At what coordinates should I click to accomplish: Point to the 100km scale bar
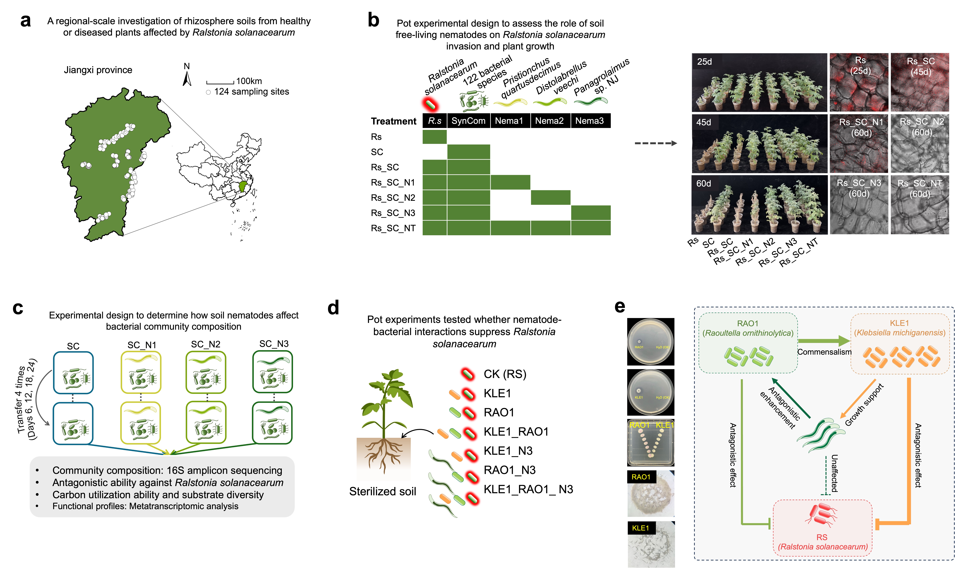coord(220,82)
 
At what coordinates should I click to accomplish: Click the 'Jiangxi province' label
coord(98,70)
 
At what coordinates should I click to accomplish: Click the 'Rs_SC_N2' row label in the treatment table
coord(393,198)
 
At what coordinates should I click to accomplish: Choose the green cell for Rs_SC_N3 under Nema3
coord(590,213)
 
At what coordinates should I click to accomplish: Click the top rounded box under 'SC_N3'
coord(272,372)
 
